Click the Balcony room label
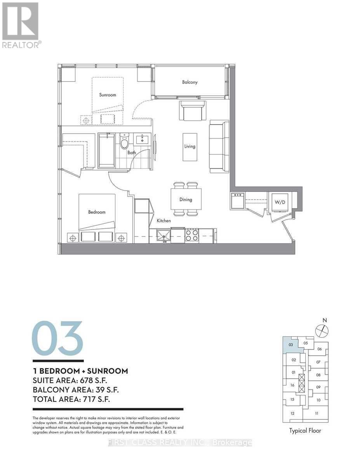tap(190, 82)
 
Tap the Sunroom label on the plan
tap(107, 95)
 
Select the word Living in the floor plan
tap(190, 146)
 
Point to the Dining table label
tap(186, 200)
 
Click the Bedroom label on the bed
tap(97, 212)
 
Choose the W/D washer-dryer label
tap(280, 202)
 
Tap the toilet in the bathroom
tap(125, 143)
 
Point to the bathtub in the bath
tap(106, 151)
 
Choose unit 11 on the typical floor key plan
tap(317, 414)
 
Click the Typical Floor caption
tap(305, 431)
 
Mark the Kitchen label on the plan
tap(163, 221)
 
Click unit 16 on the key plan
tap(292, 386)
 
